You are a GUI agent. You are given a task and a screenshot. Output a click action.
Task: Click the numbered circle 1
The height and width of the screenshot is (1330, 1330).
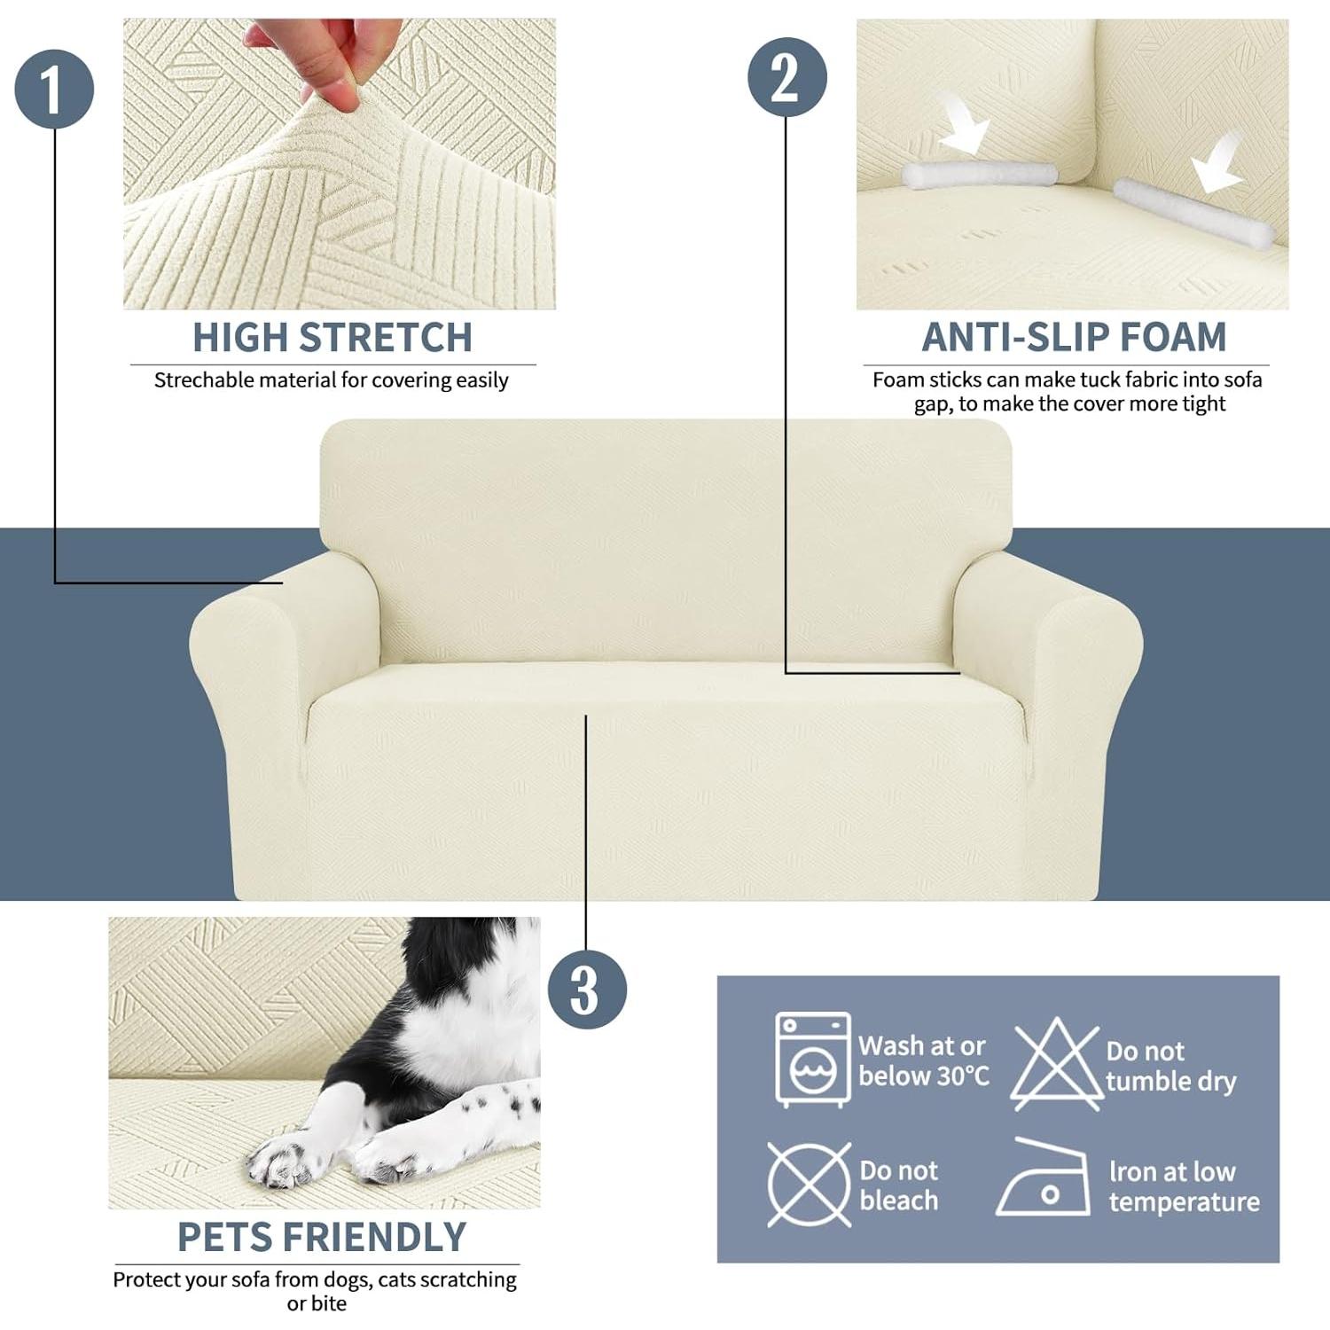coord(54,89)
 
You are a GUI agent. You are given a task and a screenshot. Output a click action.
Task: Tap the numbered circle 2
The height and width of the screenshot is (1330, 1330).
coord(786,76)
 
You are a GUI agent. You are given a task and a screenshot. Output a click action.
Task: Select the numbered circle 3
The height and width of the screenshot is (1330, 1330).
coord(587,990)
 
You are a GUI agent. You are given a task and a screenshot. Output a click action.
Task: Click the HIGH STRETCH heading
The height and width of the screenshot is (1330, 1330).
coord(332,338)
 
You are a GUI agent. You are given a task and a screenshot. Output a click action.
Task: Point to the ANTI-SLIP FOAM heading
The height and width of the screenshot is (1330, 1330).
coord(1074,338)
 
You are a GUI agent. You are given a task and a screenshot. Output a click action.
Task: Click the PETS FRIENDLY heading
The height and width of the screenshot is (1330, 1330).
coord(321,1237)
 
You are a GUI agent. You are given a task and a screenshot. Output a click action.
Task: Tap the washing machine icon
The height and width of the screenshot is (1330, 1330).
coord(812,1060)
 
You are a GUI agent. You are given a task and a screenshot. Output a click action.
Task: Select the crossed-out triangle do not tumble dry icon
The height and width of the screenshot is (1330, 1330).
coord(1056,1064)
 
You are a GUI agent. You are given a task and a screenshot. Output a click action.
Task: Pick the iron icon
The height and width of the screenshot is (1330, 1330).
coord(1044,1178)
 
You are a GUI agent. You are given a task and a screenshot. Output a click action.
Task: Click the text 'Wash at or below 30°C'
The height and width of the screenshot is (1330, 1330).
coord(923,1061)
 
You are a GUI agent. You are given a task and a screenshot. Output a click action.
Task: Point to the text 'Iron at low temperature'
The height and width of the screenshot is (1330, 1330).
coord(1183,1186)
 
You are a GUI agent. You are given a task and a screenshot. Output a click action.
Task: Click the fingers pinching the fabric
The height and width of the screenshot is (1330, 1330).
coord(332,58)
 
